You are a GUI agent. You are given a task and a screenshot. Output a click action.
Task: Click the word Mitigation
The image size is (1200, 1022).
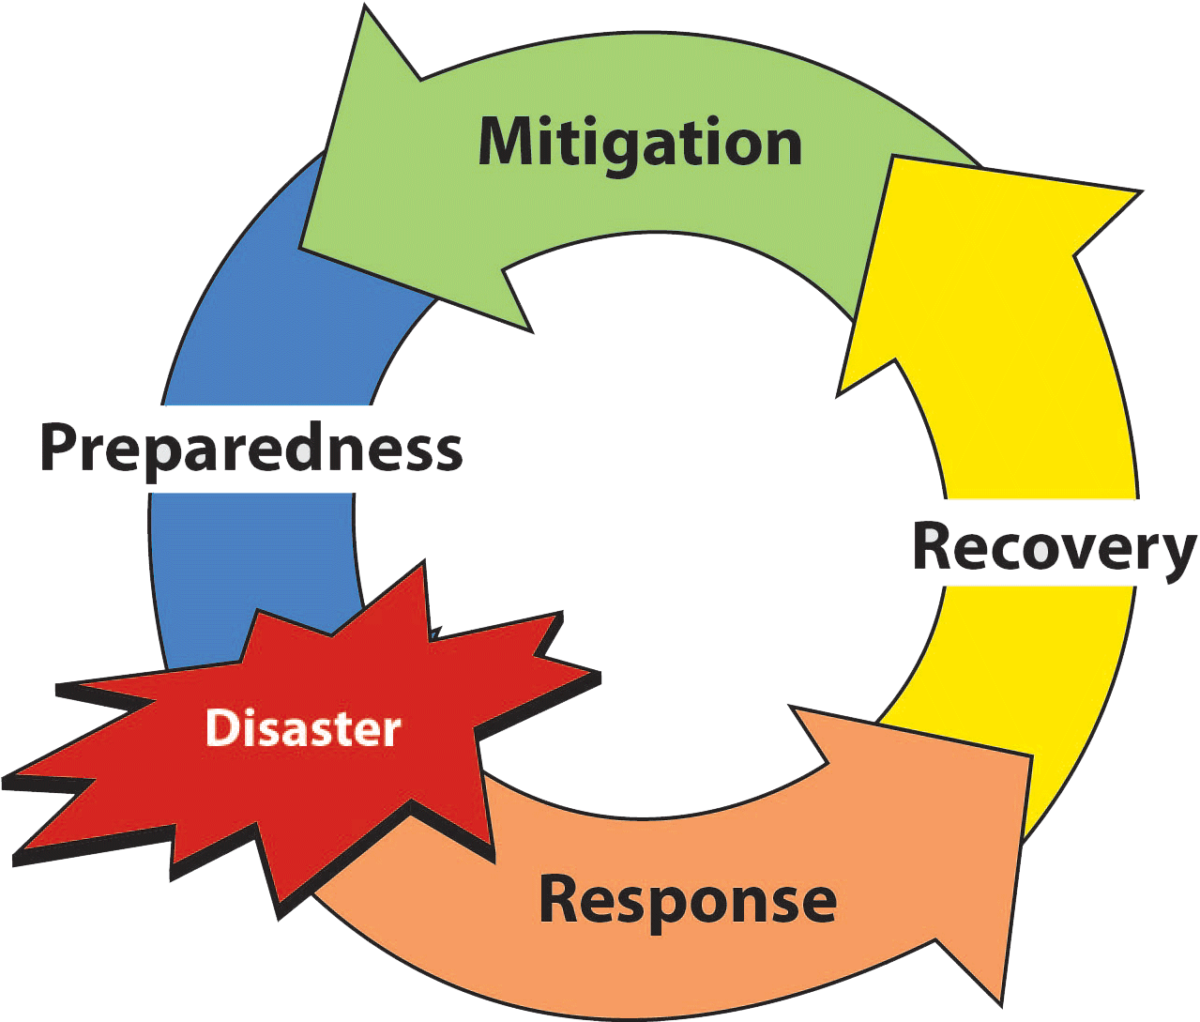pos(640,144)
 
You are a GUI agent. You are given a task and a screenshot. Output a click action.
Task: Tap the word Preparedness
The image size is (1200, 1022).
pos(251,450)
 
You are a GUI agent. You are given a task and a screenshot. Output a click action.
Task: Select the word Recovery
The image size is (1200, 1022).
pos(1055,549)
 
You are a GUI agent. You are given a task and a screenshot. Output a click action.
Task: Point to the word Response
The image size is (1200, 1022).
pos(687,900)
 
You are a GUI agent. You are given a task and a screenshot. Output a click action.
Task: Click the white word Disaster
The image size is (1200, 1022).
pos(303,729)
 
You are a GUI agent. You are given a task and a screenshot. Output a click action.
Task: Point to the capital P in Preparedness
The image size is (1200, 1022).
pos(58,449)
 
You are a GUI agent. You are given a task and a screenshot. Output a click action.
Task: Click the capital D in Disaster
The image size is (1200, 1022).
pos(221,729)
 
